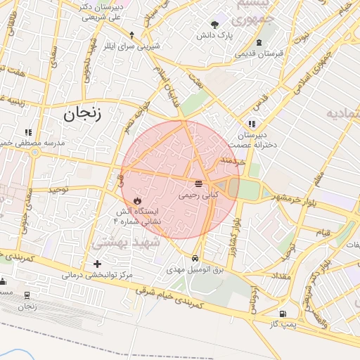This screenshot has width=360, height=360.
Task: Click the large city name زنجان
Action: (x=82, y=114)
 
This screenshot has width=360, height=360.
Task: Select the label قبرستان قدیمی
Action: (x=259, y=53)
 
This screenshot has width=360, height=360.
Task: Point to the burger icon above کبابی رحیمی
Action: (x=199, y=184)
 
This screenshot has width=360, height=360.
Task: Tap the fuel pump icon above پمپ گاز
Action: (x=283, y=313)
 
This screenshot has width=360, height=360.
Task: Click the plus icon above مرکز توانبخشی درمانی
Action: (x=97, y=264)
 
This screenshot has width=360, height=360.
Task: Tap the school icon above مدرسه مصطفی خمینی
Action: (x=29, y=131)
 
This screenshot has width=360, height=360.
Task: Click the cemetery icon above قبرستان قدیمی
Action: (x=259, y=42)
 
